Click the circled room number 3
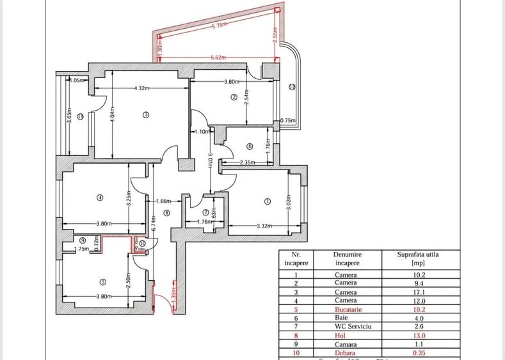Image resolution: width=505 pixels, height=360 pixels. coord(146,115)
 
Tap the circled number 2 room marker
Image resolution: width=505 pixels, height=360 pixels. coord(234,97)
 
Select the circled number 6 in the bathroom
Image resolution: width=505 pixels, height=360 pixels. coord(249,145)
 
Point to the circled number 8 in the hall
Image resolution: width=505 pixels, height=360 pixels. coord(167,213)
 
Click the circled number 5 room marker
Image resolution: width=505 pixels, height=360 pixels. coord(102,281)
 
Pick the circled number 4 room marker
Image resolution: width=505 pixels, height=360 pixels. coord(100,198)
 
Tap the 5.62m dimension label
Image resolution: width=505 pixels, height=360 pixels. coord(218,58)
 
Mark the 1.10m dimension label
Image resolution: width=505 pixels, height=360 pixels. coord(200,131)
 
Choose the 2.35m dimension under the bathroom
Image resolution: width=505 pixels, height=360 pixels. coord(248,162)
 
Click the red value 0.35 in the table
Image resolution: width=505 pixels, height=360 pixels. coord(419,351)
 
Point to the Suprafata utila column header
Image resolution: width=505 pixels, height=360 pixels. coord(419,258)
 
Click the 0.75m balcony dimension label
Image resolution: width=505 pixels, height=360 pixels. coord(289,120)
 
